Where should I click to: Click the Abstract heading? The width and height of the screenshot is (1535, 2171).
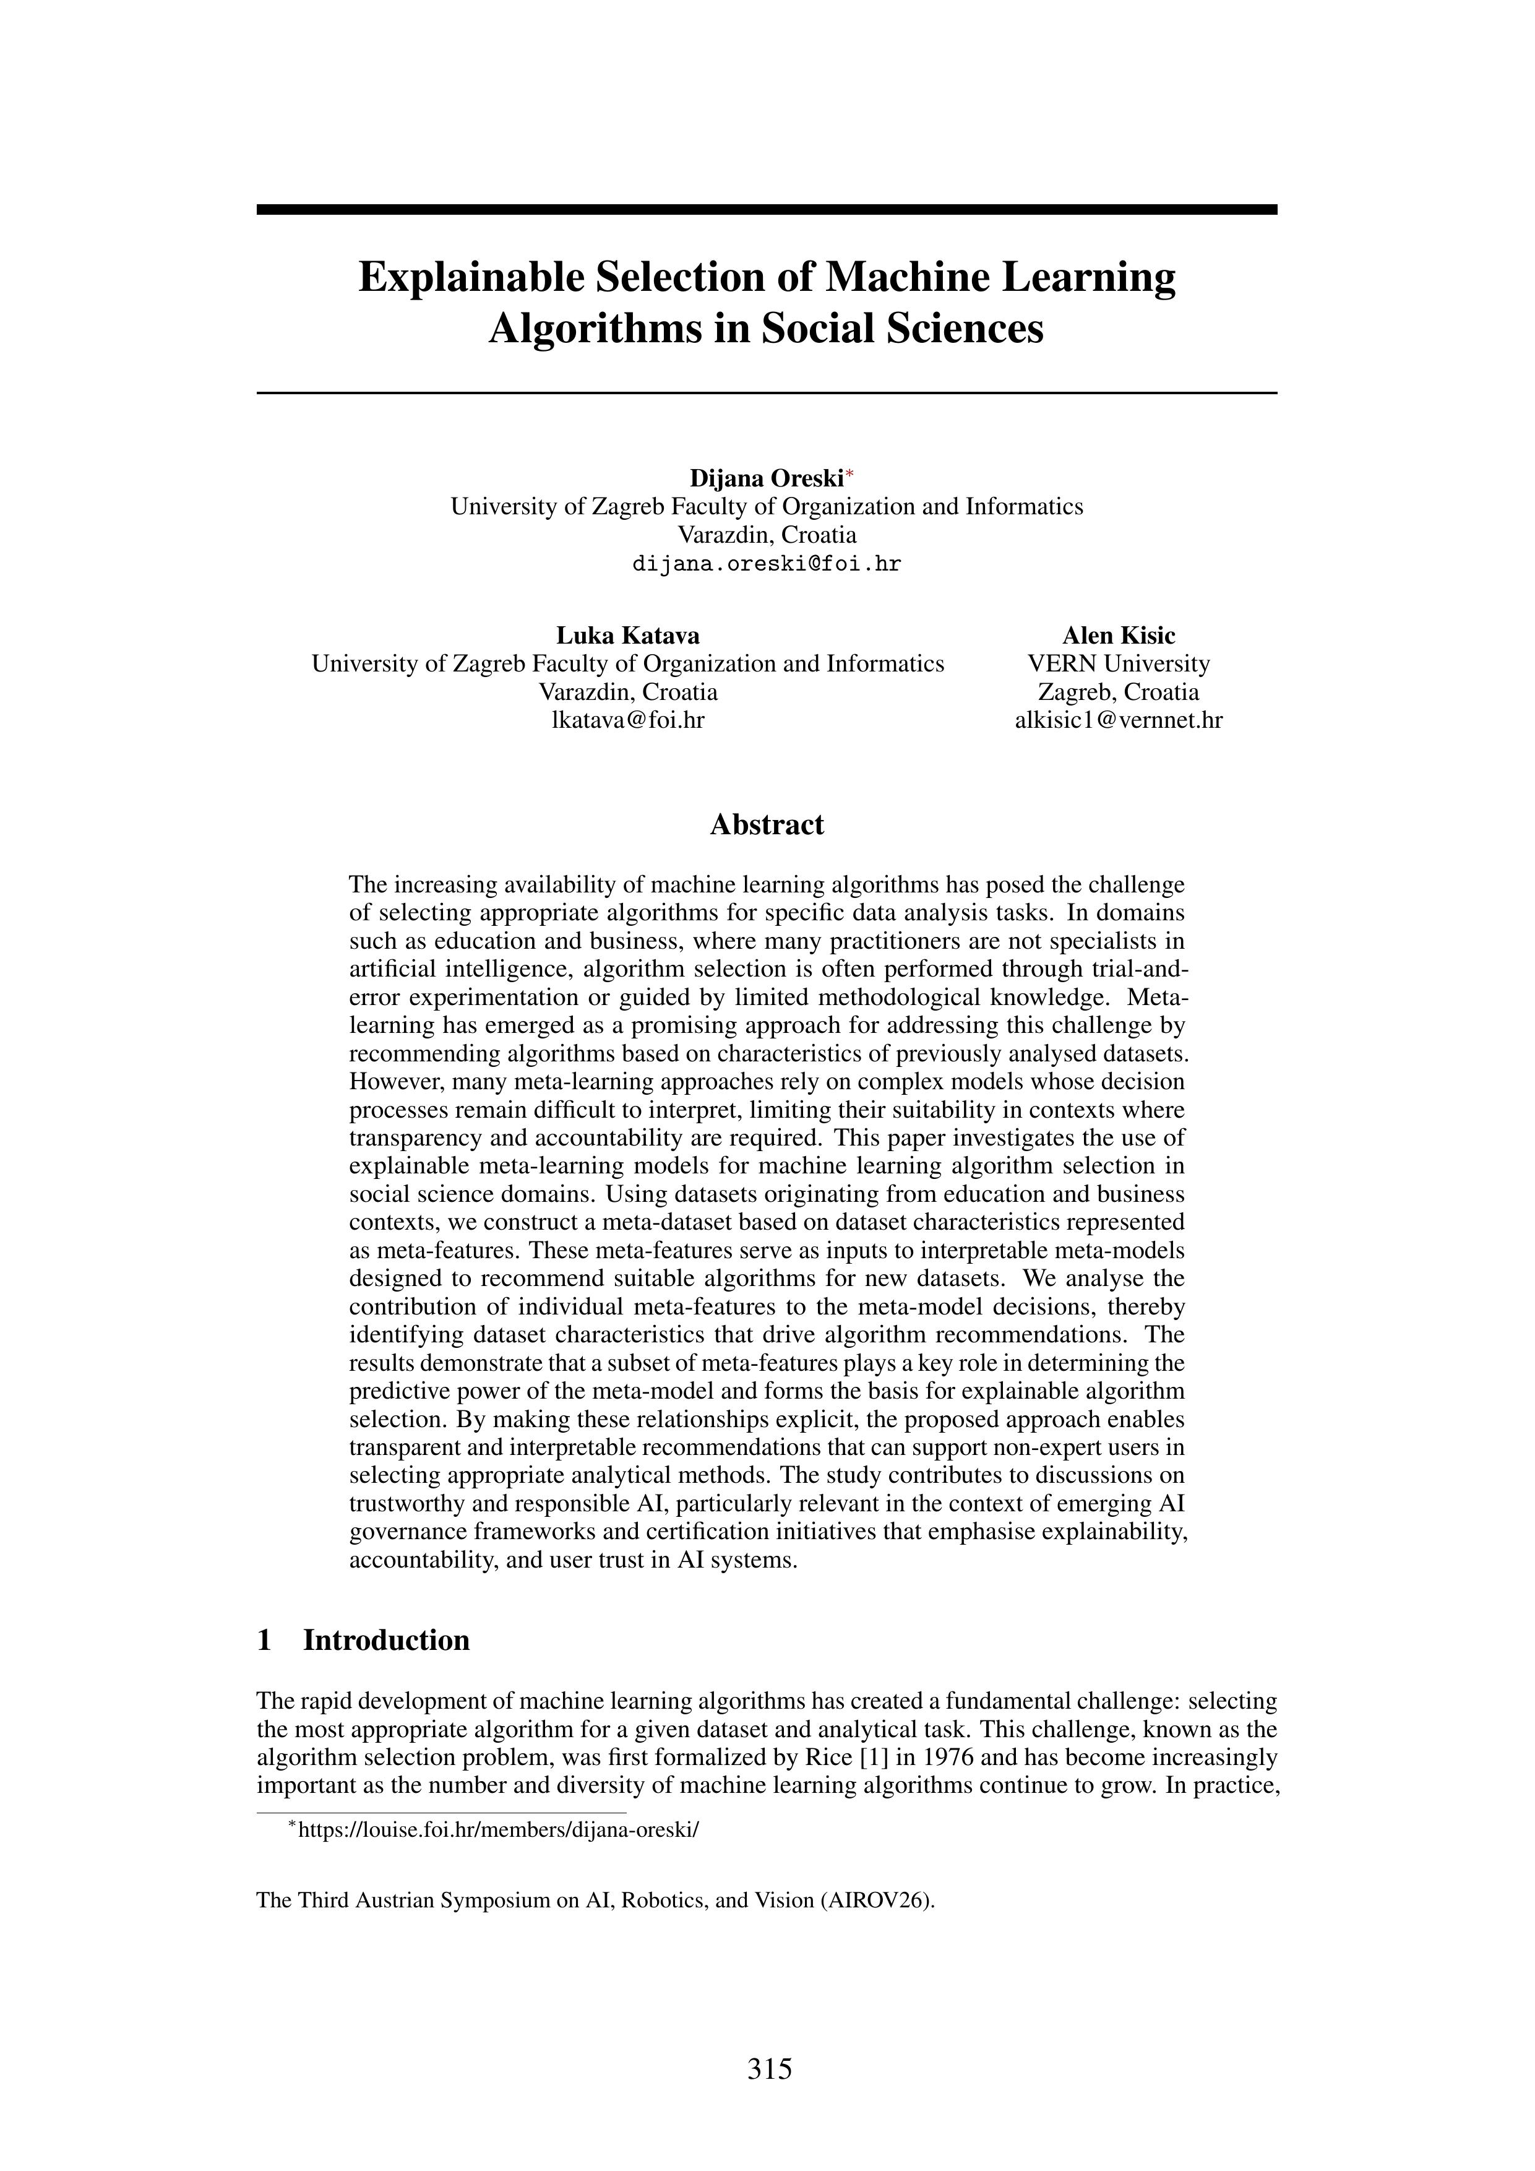[x=767, y=824]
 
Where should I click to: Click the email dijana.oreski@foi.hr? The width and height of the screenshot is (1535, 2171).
[x=767, y=564]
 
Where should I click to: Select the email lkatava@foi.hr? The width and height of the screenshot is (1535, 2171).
[x=627, y=720]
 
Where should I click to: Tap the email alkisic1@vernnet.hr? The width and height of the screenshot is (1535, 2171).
[x=1118, y=720]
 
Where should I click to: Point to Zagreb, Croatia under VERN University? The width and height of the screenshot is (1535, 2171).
[x=1118, y=691]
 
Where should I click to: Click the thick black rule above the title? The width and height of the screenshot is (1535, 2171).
[x=767, y=210]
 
